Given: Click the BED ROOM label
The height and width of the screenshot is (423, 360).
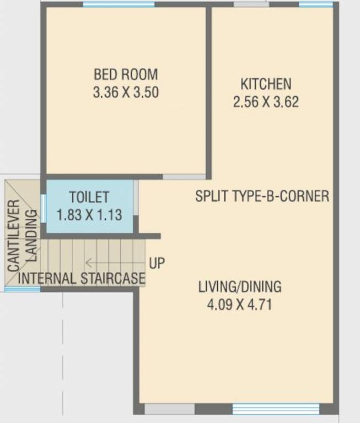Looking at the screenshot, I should point(125,74).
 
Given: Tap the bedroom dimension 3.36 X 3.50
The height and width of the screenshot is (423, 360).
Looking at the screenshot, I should point(126,92).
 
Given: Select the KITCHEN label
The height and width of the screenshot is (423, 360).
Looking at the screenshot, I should point(266,84).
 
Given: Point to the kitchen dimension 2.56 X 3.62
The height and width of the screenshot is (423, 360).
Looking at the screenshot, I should point(266,102).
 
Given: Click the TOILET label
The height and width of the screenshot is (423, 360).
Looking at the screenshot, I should point(89,197).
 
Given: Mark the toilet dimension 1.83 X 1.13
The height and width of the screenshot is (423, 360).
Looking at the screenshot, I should point(89,214).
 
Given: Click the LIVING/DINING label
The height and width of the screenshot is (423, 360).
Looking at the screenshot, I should point(240,287).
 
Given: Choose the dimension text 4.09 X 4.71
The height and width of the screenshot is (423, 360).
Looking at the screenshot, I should point(240,305).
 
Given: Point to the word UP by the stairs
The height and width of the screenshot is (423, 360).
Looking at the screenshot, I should point(157,263).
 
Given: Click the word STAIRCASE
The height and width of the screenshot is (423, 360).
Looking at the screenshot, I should point(113,278).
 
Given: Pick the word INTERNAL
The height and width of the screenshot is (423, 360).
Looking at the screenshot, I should point(47,278).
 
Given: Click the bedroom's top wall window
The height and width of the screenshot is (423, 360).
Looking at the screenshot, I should point(119,4).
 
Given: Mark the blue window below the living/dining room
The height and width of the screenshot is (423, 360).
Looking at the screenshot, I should point(276,409).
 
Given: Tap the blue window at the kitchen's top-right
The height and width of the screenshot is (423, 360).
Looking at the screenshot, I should point(315,4).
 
